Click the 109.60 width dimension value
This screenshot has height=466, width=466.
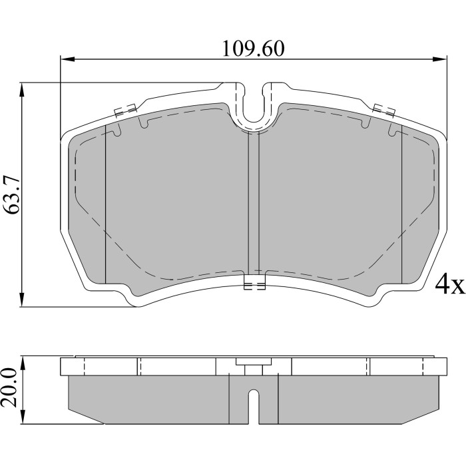tap(253, 49)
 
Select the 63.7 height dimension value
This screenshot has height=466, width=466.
tap(13, 194)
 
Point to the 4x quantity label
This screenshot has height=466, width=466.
tap(449, 285)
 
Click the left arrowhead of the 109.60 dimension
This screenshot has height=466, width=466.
tap(67, 59)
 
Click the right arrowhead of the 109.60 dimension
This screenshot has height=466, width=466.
tap(440, 59)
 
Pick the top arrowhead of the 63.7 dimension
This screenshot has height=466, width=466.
tap(22, 89)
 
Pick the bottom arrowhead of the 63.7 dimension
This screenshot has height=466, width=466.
tap(22, 300)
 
